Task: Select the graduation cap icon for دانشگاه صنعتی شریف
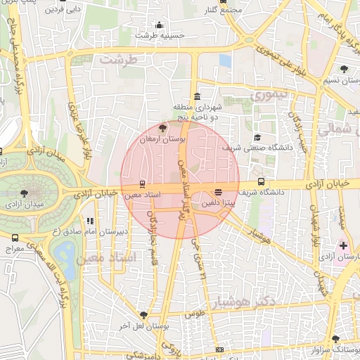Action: point(257,137)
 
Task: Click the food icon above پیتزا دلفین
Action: point(218,191)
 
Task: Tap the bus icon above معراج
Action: point(15,238)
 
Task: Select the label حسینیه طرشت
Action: point(160,34)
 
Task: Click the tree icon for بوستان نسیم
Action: point(343,69)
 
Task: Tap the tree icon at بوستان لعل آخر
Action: point(144,315)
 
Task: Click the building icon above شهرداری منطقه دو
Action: point(196,97)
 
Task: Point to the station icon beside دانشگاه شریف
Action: point(262,181)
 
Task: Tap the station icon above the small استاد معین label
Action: point(143,184)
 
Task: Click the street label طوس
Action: point(194,314)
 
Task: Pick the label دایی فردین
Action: point(63,11)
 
